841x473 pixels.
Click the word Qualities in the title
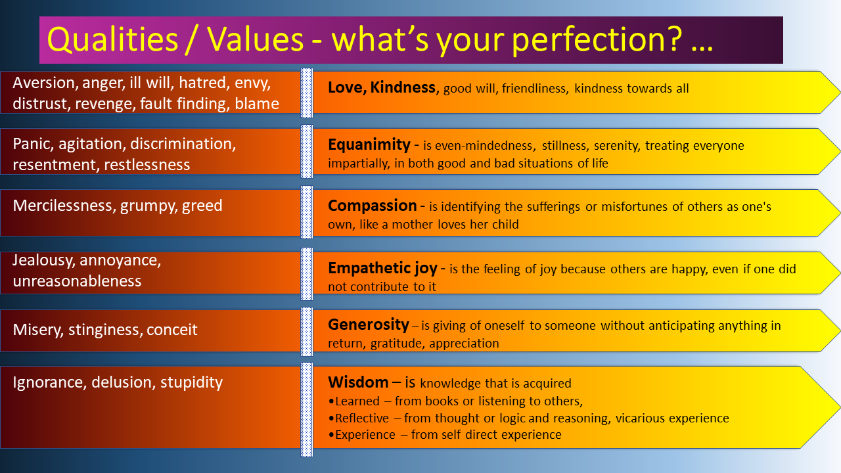pos(112,40)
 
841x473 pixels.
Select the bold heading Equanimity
pos(369,145)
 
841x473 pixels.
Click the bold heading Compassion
pos(373,206)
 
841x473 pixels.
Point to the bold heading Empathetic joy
pos(382,268)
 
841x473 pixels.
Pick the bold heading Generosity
pos(369,325)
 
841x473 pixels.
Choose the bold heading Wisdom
pos(358,382)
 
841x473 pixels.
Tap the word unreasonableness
pos(77,281)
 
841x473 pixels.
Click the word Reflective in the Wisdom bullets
pos(362,418)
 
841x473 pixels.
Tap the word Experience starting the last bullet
pos(365,435)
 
